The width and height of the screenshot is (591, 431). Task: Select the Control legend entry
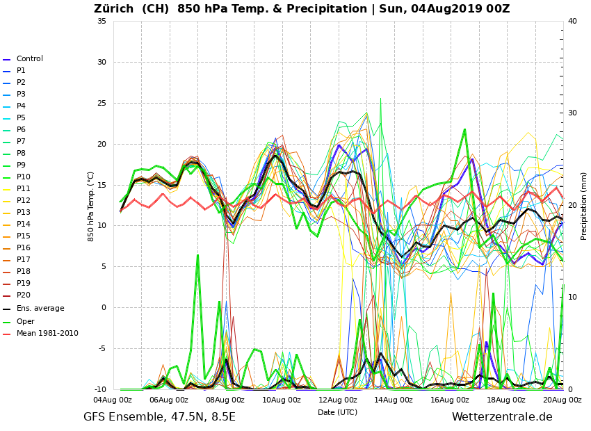29,59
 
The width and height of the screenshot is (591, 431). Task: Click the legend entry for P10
23,177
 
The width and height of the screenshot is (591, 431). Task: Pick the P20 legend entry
23,295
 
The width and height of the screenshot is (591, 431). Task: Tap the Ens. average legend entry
40,309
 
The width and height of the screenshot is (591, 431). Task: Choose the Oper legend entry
25,322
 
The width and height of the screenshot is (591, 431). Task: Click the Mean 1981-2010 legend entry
47,334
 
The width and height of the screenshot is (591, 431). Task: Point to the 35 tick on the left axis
102,21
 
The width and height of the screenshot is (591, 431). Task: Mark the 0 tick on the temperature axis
104,307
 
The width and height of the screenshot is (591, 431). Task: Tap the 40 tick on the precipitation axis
572,21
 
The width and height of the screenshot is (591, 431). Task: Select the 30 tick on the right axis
572,113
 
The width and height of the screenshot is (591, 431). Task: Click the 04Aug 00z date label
113,400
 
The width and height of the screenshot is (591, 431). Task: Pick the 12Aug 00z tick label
337,400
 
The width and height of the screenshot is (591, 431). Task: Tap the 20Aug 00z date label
562,400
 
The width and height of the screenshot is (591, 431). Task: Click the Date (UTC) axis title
337,412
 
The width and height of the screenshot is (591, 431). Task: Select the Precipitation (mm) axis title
584,206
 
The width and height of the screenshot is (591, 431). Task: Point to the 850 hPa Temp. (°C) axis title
91,206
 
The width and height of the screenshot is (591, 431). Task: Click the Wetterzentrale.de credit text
502,417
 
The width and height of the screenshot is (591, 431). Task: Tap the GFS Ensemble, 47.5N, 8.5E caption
159,417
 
